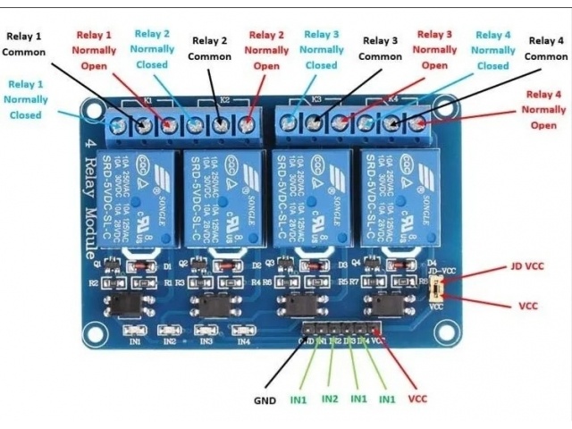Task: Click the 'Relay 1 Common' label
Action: coord(24,44)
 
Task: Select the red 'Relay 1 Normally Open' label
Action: coord(94,50)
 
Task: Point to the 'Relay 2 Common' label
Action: coord(209,48)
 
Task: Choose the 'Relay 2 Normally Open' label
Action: coord(266,50)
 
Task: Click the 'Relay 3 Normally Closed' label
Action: coord(322,50)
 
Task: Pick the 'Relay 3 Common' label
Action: coord(380,48)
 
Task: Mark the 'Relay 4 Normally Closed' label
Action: coord(492,50)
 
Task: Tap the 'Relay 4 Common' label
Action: coord(545,48)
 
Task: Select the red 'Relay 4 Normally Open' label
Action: coord(543,109)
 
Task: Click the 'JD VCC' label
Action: coord(527,265)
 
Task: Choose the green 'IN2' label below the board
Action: coord(329,398)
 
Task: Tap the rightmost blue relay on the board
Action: coord(399,199)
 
